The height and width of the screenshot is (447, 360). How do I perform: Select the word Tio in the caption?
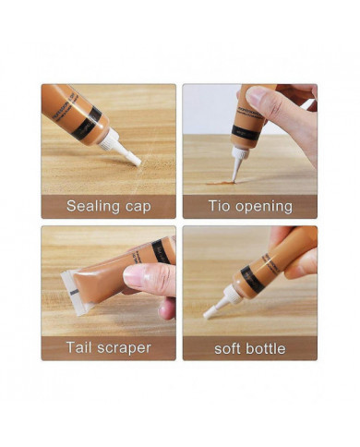point(216,206)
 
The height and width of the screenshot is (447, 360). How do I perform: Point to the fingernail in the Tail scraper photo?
point(133,275)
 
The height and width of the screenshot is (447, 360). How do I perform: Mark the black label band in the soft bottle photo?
point(251,278)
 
